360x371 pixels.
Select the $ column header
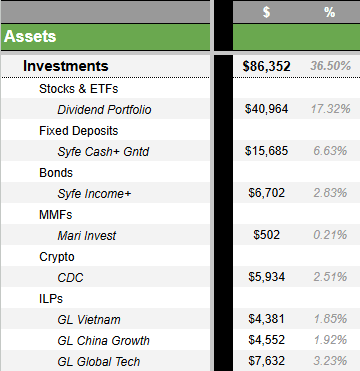(266, 12)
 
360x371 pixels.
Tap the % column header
(329, 12)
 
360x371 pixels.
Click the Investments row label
(65, 66)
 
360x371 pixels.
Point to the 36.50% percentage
(329, 66)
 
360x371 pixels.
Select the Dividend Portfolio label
(105, 109)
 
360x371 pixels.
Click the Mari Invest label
(87, 235)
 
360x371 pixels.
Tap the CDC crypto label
(71, 277)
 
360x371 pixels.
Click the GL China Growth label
(103, 340)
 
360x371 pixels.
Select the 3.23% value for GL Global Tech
(331, 361)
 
